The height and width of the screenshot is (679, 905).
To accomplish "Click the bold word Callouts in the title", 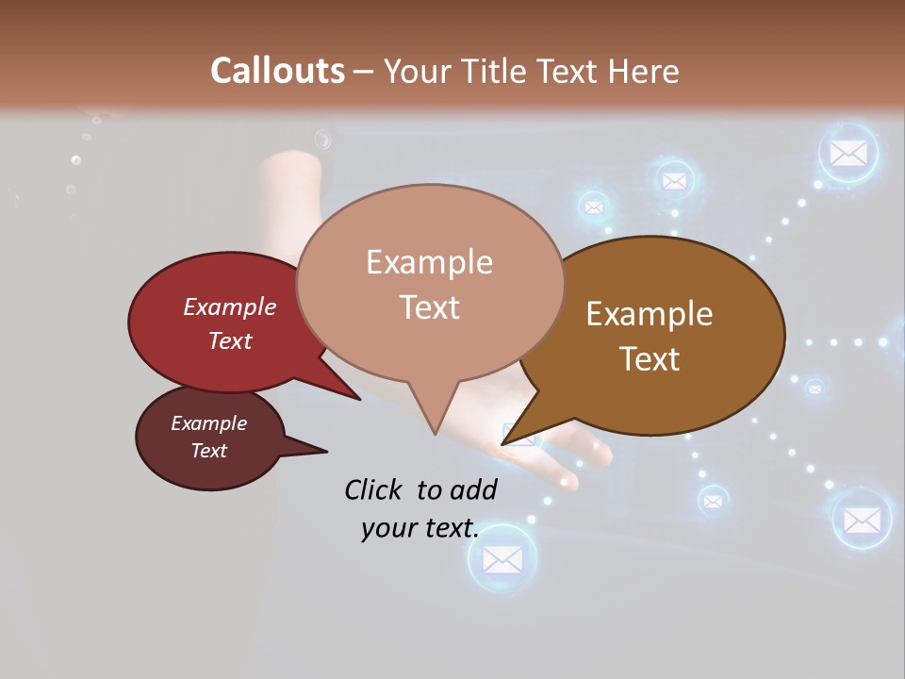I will point(277,71).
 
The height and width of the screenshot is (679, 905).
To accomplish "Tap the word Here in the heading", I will point(644,71).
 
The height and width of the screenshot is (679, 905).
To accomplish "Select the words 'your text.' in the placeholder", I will point(420,528).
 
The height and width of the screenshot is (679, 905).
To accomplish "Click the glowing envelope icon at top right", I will point(847,153).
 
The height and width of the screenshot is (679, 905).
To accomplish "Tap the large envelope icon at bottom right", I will point(861,519).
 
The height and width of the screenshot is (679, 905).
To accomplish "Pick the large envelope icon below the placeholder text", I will point(502,559).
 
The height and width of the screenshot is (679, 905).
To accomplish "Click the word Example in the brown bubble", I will point(650,314).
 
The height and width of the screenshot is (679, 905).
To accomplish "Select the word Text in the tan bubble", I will point(430,307).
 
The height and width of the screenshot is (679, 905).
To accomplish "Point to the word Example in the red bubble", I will point(230,306).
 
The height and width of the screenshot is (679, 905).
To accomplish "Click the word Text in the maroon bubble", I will point(209,451).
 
